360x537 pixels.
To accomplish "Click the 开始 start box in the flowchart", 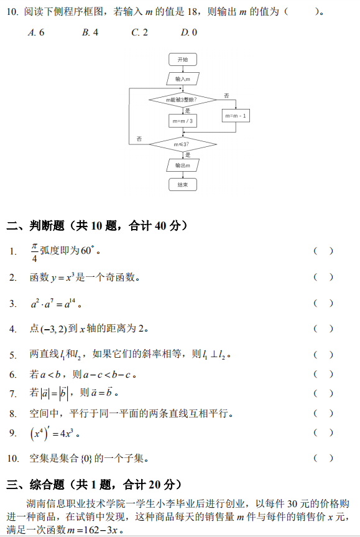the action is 183,59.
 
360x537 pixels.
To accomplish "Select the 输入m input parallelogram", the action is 183,79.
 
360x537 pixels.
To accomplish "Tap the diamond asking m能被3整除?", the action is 183,100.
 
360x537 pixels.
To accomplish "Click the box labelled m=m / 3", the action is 183,121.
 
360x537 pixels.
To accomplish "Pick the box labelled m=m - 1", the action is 236,116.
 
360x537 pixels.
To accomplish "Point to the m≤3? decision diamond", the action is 183,144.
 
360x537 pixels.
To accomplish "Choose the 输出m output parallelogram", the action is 183,166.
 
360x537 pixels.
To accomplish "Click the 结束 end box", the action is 183,185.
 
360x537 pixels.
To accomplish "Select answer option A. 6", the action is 36,32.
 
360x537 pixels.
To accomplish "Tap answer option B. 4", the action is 90,32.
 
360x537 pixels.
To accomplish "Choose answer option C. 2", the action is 140,32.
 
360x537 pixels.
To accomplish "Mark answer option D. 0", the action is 189,32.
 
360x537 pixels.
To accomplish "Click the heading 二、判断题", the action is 35,226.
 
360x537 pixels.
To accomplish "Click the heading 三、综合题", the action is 35,485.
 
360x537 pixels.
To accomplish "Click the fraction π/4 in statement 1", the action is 34,253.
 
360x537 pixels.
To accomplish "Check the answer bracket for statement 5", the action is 323,355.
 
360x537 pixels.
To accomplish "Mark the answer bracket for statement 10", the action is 323,458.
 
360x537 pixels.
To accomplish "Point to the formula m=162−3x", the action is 93,530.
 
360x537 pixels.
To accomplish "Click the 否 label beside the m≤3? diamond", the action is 139,139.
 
